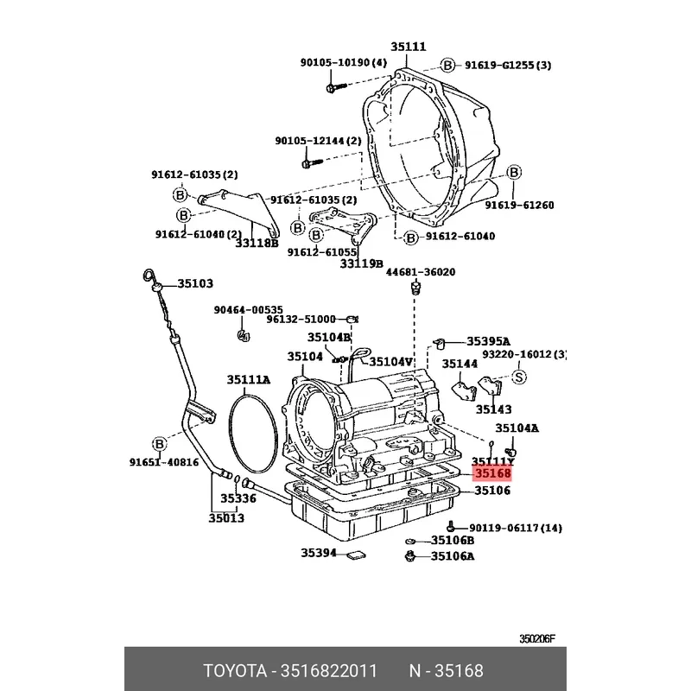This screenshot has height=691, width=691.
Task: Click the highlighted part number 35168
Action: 491,474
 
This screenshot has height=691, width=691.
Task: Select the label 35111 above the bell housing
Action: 408,47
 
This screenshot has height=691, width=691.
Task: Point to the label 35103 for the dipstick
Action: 195,283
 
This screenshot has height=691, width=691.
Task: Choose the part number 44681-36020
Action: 420,272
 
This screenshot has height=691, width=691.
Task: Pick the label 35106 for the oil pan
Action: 492,491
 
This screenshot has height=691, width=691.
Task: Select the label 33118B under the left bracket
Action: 257,243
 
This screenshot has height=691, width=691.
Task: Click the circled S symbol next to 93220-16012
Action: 519,376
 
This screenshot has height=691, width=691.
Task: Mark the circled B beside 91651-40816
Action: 159,444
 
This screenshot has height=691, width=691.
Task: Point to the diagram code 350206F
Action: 537,639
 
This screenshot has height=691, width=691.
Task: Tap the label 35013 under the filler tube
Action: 226,518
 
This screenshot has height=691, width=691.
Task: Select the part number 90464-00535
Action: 249,309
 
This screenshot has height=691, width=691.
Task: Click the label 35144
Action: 460,364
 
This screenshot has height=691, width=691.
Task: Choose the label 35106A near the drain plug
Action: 453,556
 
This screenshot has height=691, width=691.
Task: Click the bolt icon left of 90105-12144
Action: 310,161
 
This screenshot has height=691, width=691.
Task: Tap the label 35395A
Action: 488,341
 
